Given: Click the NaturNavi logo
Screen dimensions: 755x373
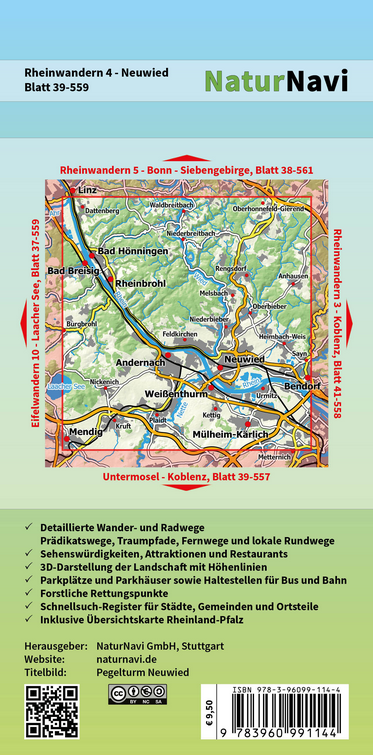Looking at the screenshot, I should [276, 81].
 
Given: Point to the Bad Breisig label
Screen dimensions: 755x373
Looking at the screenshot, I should [74, 271].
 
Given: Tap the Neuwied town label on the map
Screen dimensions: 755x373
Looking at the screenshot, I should [245, 358].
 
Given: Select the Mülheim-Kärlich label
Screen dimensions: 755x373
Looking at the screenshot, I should [231, 437].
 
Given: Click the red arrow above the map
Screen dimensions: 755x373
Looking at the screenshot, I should [187, 158].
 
